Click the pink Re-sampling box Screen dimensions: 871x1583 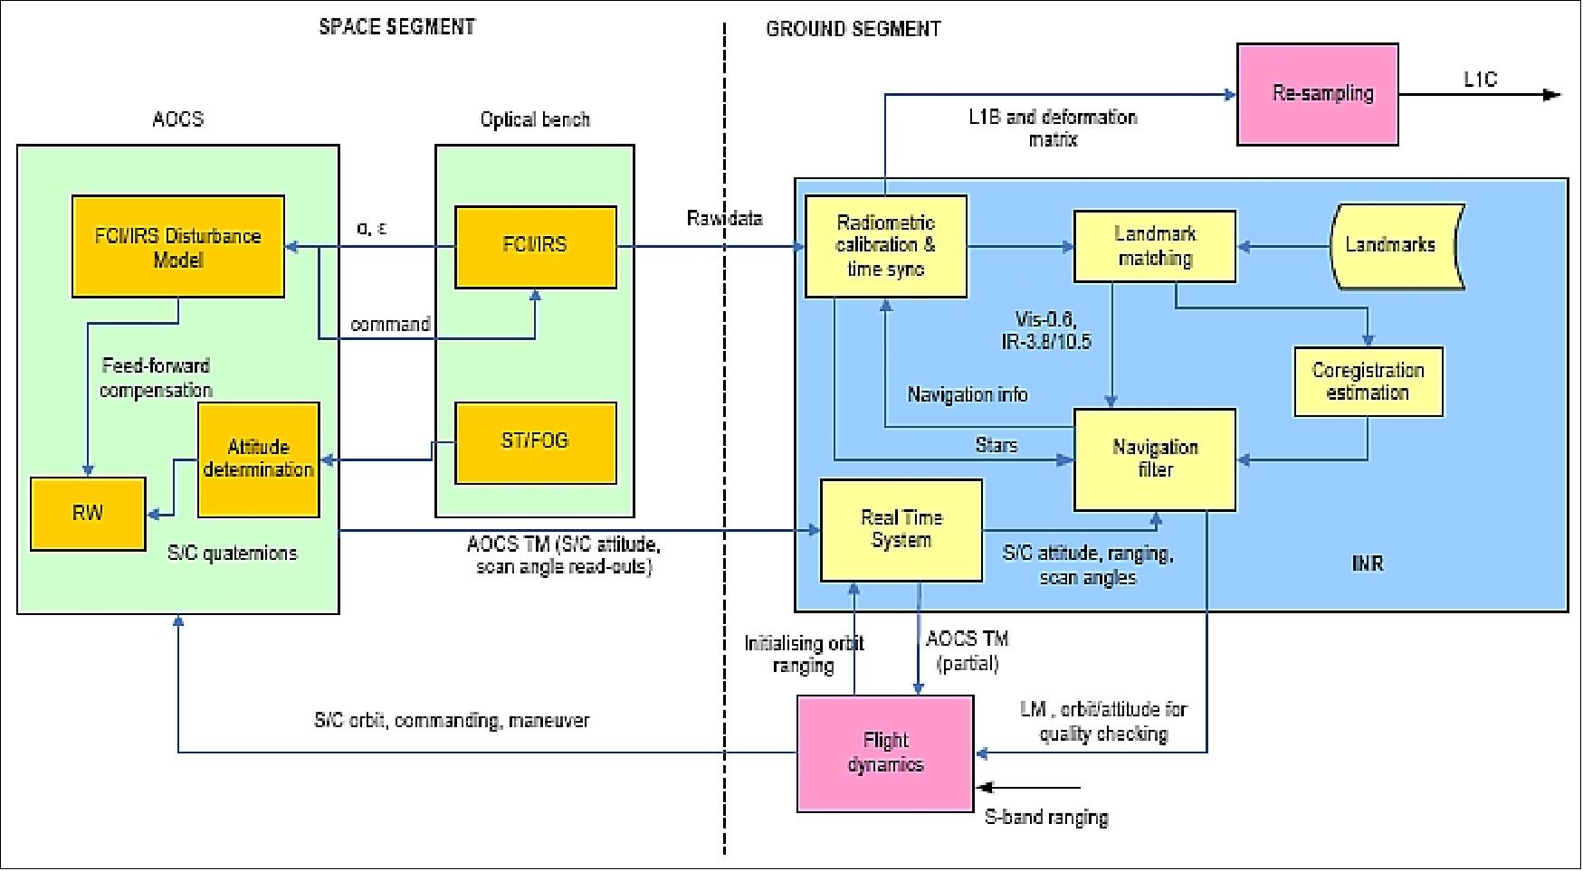coord(1317,94)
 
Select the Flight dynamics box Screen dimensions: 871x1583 coord(885,753)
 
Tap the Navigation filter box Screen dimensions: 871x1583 coord(1154,459)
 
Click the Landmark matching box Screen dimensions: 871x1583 coord(1154,246)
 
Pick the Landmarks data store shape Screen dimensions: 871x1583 coord(1394,245)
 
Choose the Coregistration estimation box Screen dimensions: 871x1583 coord(1368,382)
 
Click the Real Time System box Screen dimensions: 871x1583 coord(901,530)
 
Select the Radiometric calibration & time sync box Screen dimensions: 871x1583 coord(885,246)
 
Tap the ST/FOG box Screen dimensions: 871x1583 coord(535,442)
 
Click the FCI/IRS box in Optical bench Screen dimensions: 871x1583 coord(535,246)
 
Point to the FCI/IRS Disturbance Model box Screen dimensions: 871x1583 coord(178,247)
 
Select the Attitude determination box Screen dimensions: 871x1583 coord(259,459)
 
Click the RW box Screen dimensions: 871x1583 coord(88,514)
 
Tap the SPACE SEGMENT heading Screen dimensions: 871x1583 coord(396,27)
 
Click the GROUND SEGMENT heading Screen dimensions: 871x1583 coord(853,29)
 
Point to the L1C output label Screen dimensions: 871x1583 coord(1480,80)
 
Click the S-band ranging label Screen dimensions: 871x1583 coord(1045,818)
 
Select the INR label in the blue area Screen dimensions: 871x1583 coord(1367,563)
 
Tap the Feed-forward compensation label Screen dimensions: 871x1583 coord(156,378)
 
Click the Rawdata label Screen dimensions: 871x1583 coord(724,219)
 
